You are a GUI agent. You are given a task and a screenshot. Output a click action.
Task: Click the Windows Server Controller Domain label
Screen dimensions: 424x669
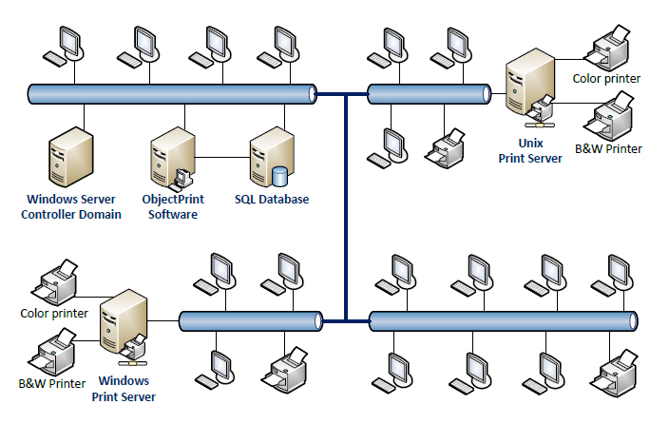[71, 206]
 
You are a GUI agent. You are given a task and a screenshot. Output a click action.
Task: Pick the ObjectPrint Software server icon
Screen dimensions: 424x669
[170, 160]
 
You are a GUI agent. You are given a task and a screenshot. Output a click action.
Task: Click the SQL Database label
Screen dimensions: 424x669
[272, 199]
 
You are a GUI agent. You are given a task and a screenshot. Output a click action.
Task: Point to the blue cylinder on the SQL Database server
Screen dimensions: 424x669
[280, 177]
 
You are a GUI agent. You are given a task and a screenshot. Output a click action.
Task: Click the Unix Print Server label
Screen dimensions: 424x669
[531, 150]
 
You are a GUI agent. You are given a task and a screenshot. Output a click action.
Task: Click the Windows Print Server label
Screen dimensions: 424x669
[124, 389]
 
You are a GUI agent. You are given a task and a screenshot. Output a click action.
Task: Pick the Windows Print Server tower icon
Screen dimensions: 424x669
[123, 328]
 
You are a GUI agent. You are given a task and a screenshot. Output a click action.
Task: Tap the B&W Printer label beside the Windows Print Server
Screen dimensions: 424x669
[53, 383]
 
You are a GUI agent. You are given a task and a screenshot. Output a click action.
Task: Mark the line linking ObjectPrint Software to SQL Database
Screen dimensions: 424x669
[222, 157]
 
